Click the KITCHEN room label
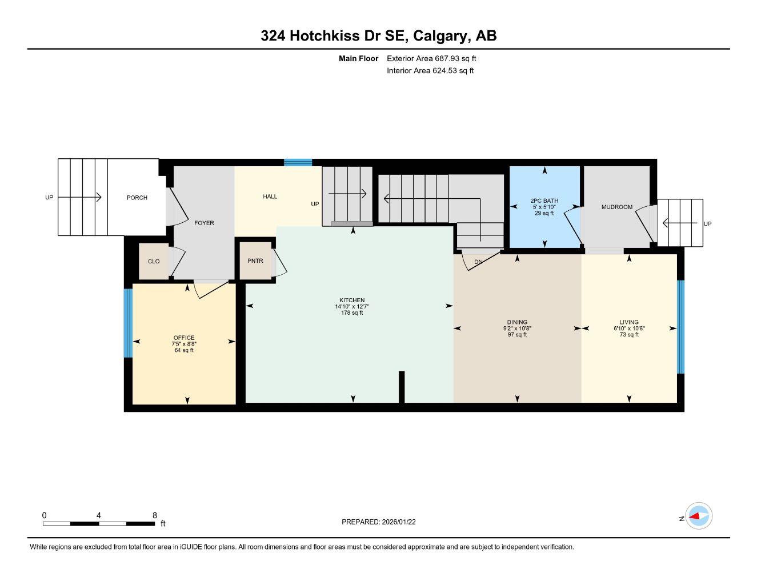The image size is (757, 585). (x=352, y=300)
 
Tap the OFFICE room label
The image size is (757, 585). (x=184, y=338)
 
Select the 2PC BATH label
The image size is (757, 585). (x=544, y=201)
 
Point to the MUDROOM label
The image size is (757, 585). (x=617, y=207)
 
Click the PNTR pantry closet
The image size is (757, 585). (x=255, y=261)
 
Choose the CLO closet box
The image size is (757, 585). (x=154, y=262)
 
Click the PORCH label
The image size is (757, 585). (x=137, y=198)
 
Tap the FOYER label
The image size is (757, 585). (x=204, y=223)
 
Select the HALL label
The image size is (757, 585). (x=270, y=197)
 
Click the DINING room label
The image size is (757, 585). (x=517, y=322)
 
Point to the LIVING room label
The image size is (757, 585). (x=629, y=322)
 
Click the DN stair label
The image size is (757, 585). (x=479, y=262)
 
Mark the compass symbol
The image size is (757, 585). (x=698, y=516)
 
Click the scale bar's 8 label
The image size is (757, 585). (x=155, y=515)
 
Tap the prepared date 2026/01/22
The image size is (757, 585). (x=399, y=522)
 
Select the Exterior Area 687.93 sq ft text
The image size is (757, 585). (x=431, y=58)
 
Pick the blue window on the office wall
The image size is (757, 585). (x=128, y=323)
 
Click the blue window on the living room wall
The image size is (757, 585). (x=680, y=327)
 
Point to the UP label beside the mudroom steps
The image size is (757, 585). (x=708, y=223)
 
